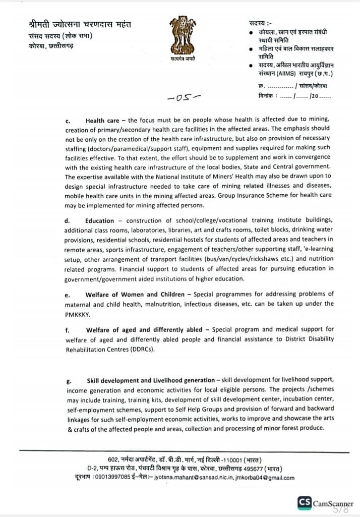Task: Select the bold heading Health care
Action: coord(102,121)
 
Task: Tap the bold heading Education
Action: coord(100,220)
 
